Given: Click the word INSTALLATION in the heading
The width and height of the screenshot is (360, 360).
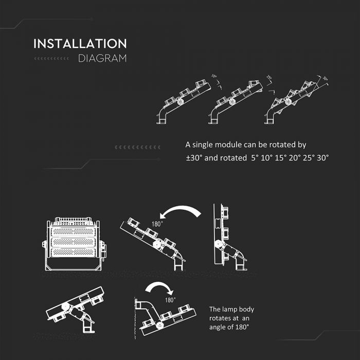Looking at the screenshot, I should (80, 44).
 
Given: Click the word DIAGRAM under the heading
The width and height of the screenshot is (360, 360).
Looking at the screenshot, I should (102, 58).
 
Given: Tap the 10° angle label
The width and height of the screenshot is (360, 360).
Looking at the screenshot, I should (213, 77).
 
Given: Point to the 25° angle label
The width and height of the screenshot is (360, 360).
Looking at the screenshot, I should (268, 78).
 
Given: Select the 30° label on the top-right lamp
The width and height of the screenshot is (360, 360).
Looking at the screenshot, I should (325, 79).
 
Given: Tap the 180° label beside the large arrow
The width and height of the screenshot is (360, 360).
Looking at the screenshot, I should (157, 224).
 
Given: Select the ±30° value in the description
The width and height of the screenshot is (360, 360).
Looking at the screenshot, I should (194, 158).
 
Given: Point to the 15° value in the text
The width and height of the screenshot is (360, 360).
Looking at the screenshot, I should (280, 158).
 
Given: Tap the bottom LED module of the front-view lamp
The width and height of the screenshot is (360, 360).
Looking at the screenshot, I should (73, 253).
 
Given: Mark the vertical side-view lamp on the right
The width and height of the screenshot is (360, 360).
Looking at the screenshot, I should (226, 237).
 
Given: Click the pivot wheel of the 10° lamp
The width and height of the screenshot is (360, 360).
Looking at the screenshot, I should (181, 102).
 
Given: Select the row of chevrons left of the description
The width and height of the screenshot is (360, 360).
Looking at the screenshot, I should (137, 148).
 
